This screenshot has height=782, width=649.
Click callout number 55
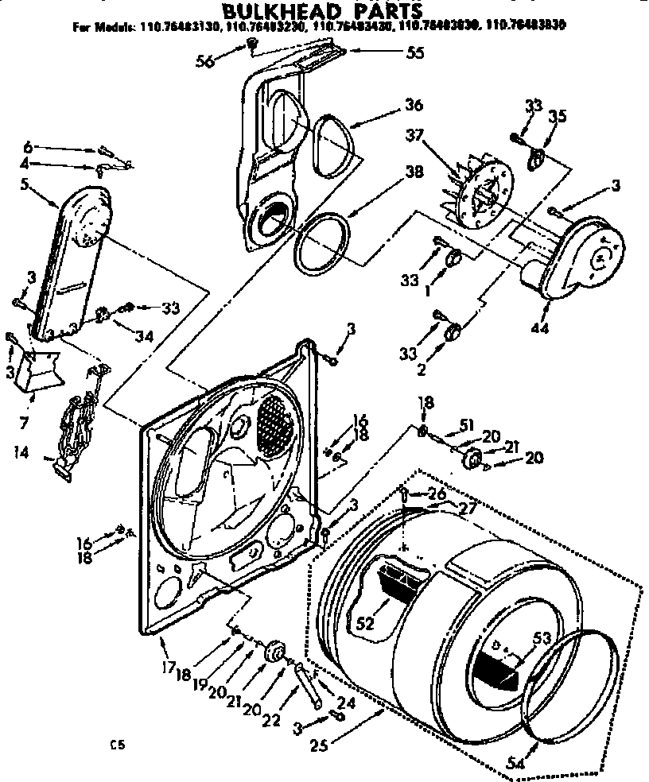pos(414,54)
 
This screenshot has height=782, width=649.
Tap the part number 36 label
pos(413,106)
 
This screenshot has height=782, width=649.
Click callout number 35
pos(557,117)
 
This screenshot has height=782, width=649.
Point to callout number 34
pos(144,335)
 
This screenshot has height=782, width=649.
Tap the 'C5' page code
pos(119,745)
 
